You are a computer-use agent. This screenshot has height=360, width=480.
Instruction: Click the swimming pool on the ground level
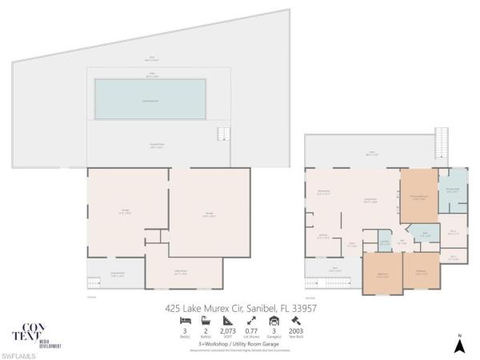coord(150,98)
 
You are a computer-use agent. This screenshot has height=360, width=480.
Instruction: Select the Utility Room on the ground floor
coord(183,272)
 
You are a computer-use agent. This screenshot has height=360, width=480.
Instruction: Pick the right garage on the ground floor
coord(198,211)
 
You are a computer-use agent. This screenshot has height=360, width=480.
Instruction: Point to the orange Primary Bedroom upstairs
coord(418,197)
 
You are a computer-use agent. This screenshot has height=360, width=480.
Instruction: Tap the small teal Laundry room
coord(385,243)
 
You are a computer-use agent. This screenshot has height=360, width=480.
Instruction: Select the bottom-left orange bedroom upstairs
coord(382,273)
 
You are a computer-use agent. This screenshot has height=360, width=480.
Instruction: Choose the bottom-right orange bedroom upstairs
coord(421,273)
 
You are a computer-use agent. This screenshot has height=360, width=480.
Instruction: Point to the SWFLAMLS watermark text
coord(17,354)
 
